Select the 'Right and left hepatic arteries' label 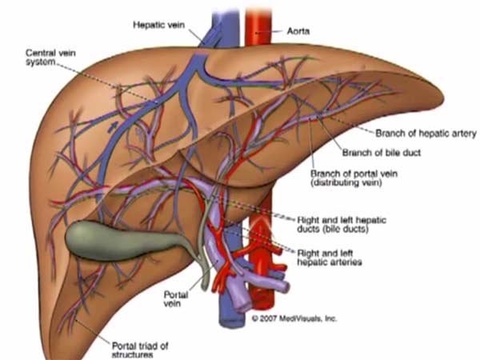(x=334, y=256)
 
